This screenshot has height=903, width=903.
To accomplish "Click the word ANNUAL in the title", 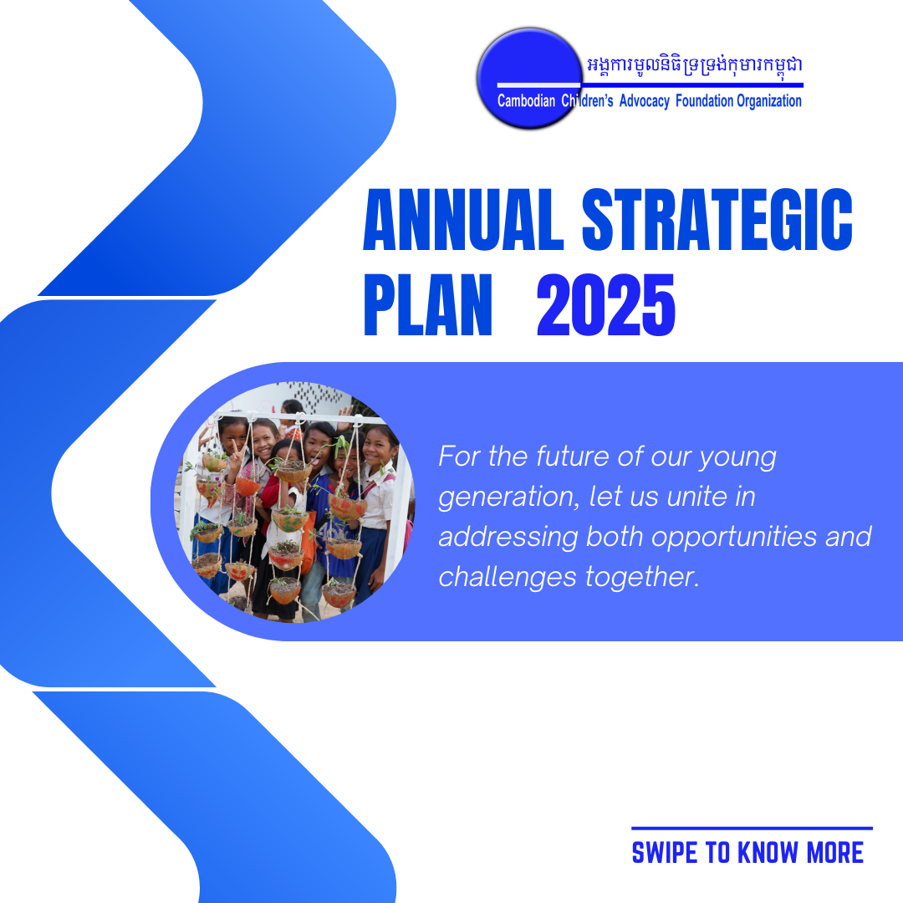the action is [463, 220].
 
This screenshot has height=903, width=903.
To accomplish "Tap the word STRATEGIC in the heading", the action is [717, 220].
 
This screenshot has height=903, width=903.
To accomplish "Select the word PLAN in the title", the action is [428, 304].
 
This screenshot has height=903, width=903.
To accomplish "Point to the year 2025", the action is [606, 304].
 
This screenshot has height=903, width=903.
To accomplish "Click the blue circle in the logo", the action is [529, 78].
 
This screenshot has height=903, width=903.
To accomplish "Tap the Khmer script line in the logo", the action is [695, 65].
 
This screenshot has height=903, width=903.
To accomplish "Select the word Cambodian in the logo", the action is [526, 101].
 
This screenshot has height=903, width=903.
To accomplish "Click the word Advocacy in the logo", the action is [644, 101].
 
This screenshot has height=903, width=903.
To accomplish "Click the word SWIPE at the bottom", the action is [665, 853].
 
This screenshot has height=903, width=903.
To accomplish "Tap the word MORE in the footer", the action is [835, 853].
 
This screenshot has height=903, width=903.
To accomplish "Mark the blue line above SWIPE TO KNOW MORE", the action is [752, 829].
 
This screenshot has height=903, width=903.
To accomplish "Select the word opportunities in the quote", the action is [734, 538].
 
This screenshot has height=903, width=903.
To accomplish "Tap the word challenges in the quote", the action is [508, 577].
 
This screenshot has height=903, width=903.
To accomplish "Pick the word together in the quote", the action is [642, 577].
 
